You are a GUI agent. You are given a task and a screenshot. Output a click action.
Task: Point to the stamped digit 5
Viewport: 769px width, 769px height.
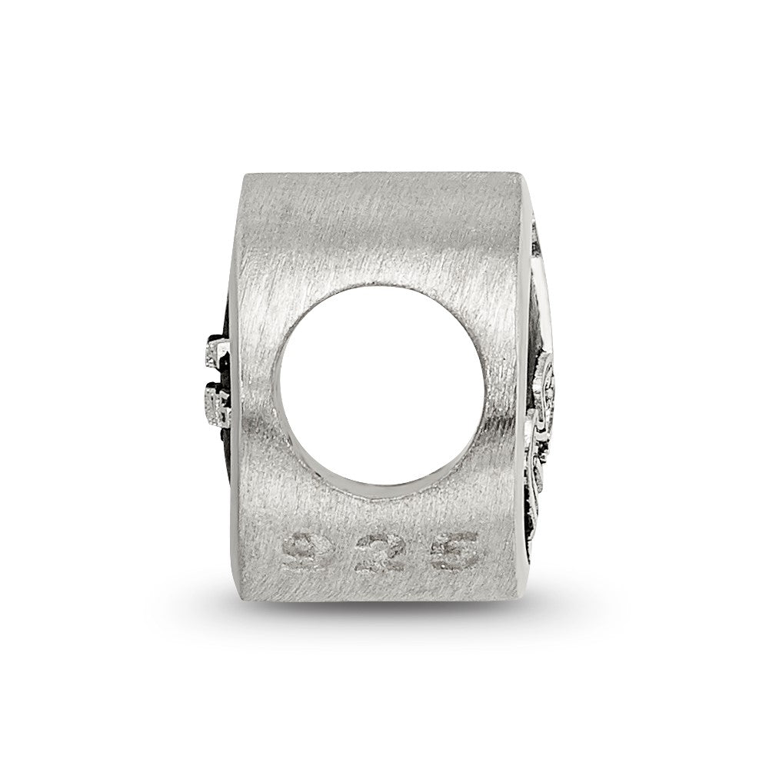[453, 551]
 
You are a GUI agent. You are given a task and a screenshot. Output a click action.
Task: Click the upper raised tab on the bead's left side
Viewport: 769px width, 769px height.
[216, 350]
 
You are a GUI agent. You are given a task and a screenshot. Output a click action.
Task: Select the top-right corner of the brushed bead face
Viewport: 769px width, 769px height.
[521, 172]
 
